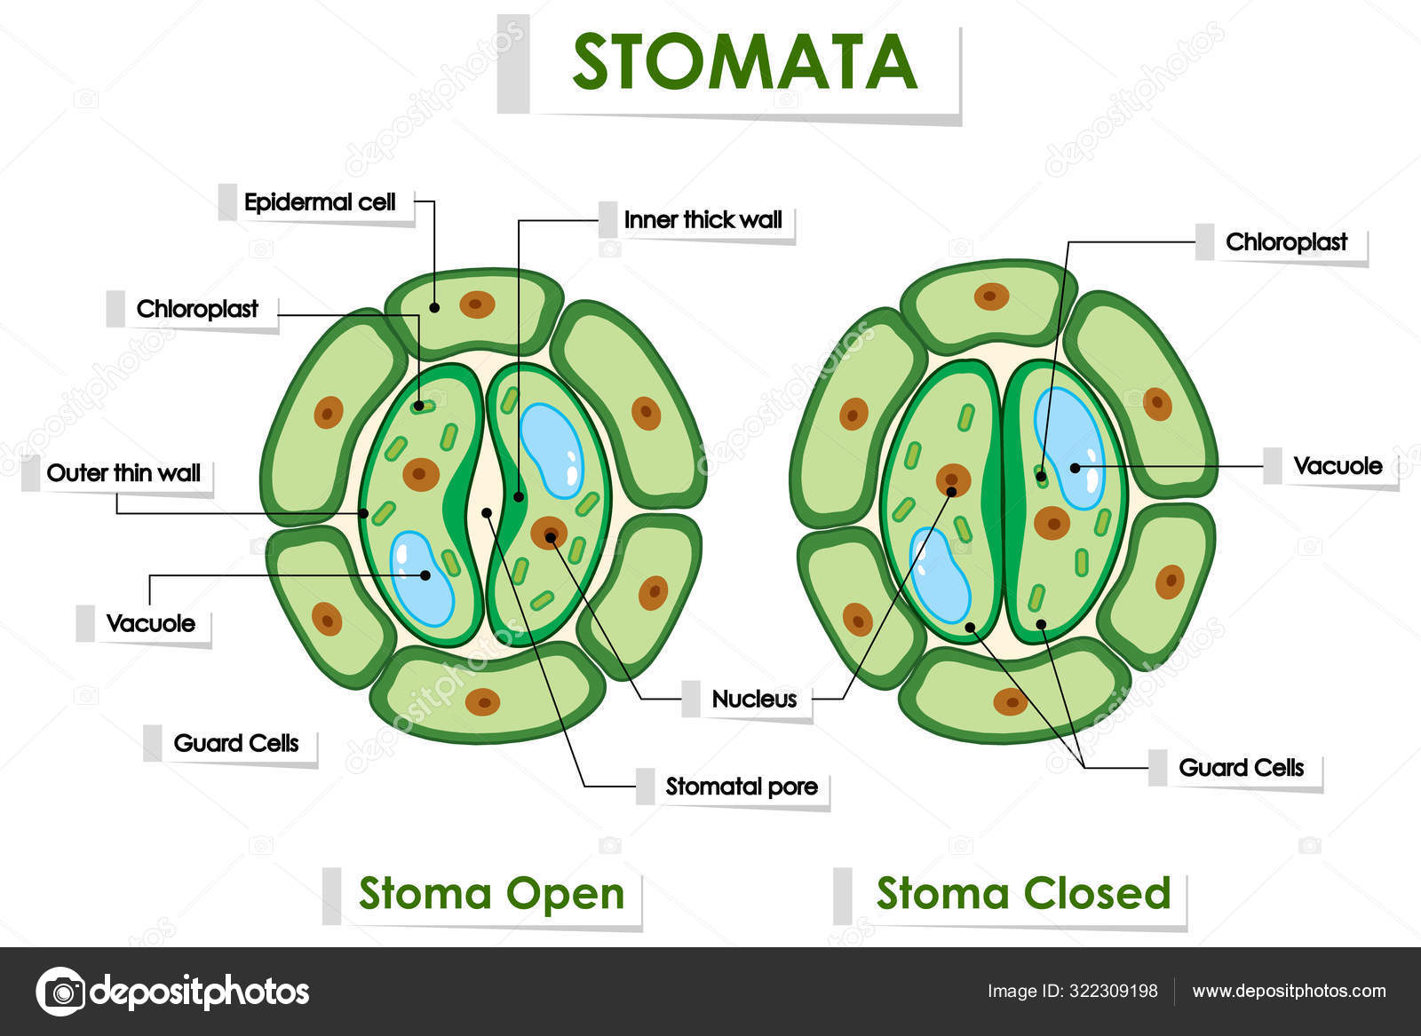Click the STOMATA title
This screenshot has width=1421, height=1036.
(x=744, y=62)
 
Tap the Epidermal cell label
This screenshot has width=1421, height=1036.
(x=320, y=202)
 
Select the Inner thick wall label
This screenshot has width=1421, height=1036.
(x=703, y=220)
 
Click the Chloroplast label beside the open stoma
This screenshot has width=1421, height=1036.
(x=197, y=309)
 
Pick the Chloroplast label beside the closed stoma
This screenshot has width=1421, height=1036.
(x=1286, y=242)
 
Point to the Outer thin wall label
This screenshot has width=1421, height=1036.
(x=123, y=473)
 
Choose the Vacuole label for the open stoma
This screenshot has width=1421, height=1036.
(x=150, y=623)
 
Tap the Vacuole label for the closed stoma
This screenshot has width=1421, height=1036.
(x=1337, y=466)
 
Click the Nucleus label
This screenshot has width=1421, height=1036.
(x=754, y=700)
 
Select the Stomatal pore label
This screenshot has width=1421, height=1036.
(x=742, y=787)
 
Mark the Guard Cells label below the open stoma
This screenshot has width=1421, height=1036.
(x=235, y=743)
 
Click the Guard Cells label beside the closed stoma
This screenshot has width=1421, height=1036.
(x=1241, y=768)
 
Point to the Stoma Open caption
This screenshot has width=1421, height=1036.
(x=491, y=894)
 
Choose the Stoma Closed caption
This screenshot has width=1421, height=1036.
(x=1023, y=894)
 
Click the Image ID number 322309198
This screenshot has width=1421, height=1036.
(x=1112, y=992)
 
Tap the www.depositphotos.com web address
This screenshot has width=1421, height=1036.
(x=1289, y=992)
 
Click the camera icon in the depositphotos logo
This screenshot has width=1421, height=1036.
(x=61, y=991)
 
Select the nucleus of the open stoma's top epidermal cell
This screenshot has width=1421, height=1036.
(x=477, y=305)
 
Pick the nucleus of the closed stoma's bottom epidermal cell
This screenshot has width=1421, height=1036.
(x=1010, y=701)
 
